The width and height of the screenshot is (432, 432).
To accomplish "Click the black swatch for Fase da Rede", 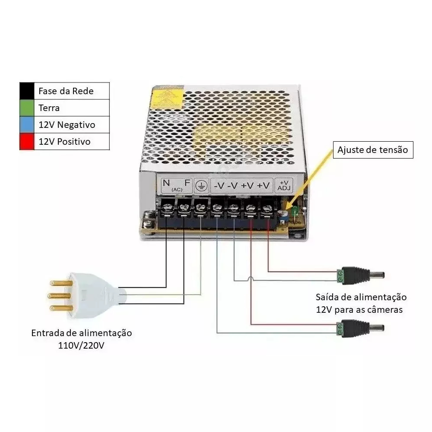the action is click(27, 91).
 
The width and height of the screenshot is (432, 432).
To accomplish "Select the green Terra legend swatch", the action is click(27, 108).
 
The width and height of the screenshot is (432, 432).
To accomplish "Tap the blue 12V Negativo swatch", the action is click(27, 124).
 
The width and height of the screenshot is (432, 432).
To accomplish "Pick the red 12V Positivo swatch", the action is click(27, 141).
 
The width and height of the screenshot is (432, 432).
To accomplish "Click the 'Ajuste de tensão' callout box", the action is click(373, 150).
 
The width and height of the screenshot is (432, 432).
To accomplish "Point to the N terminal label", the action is click(166, 183).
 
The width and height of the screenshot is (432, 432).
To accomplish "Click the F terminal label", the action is click(187, 183).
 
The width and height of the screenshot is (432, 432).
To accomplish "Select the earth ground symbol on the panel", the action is click(201, 186).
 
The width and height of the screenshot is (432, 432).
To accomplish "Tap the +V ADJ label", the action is click(284, 186).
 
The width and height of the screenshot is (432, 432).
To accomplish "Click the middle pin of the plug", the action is click(60, 296).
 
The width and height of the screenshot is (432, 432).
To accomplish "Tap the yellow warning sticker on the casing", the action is click(166, 98).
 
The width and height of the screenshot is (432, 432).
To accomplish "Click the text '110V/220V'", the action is click(81, 346).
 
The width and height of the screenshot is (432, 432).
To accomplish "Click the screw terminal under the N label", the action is click(167, 208).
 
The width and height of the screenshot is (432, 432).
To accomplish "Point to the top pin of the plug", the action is click(61, 283).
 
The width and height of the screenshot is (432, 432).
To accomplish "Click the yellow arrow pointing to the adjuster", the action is click(308, 180).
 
